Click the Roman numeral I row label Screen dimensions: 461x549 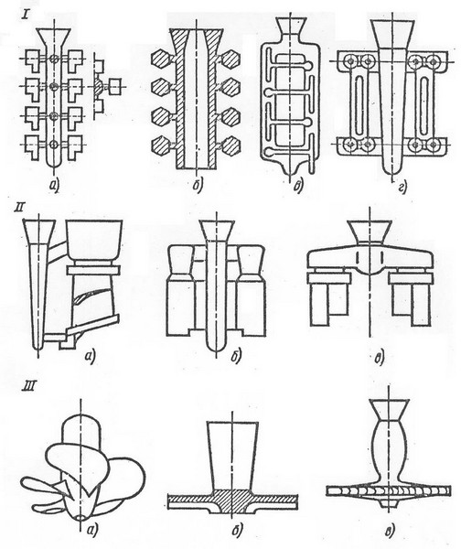(25, 15)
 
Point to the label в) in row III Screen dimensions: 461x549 (390, 530)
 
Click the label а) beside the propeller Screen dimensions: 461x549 (91, 530)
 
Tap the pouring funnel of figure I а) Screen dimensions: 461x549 (54, 37)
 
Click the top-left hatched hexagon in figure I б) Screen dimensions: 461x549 (161, 59)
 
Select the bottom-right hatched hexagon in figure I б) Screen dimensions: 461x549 (230, 145)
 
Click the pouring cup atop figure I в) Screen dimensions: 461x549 (290, 25)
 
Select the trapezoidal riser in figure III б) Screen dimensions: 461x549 (232, 455)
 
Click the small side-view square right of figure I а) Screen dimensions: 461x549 (114, 87)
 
